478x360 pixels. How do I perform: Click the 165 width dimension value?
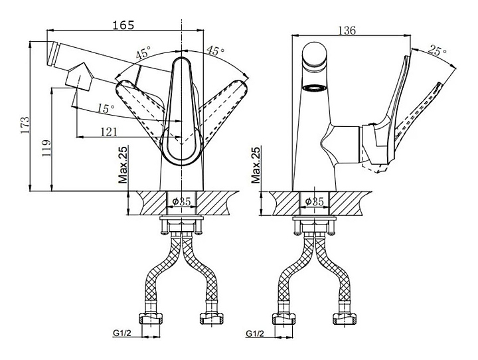pyautogui.click(x=123, y=25)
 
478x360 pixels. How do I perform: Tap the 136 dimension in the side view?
pyautogui.click(x=347, y=31)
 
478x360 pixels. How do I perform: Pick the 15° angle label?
pyautogui.click(x=104, y=108)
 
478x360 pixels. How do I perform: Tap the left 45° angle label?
pyautogui.click(x=143, y=54)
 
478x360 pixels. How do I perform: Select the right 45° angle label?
pyautogui.click(x=214, y=51)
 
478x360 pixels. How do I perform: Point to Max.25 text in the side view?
pyautogui.click(x=256, y=166)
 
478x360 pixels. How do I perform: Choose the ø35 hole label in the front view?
pyautogui.click(x=181, y=201)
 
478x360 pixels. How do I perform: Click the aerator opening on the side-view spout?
pyautogui.click(x=315, y=88)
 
